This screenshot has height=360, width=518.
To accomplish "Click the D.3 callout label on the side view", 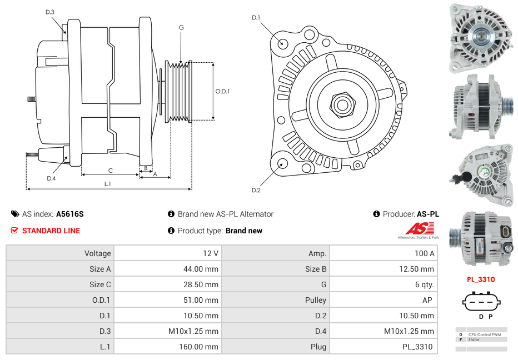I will pyautogui.click(x=49, y=12).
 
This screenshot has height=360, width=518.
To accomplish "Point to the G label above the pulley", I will pyautogui.click(x=181, y=27).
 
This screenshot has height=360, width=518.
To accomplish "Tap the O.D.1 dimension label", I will pyautogui.click(x=222, y=91).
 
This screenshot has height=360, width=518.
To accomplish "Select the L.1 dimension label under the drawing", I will pyautogui.click(x=107, y=183).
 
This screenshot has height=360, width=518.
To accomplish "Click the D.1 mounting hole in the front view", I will pyautogui.click(x=282, y=43).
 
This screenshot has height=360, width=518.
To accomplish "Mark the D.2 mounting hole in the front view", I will pyautogui.click(x=282, y=163).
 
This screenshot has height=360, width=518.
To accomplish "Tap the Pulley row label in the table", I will pyautogui.click(x=316, y=300).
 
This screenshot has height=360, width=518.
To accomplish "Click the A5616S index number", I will pyautogui.click(x=70, y=214).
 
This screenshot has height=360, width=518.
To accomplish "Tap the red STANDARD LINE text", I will pyautogui.click(x=51, y=231).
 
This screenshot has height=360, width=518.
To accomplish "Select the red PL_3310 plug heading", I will pyautogui.click(x=480, y=279).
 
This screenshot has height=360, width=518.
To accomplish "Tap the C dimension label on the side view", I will pyautogui.click(x=111, y=171).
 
